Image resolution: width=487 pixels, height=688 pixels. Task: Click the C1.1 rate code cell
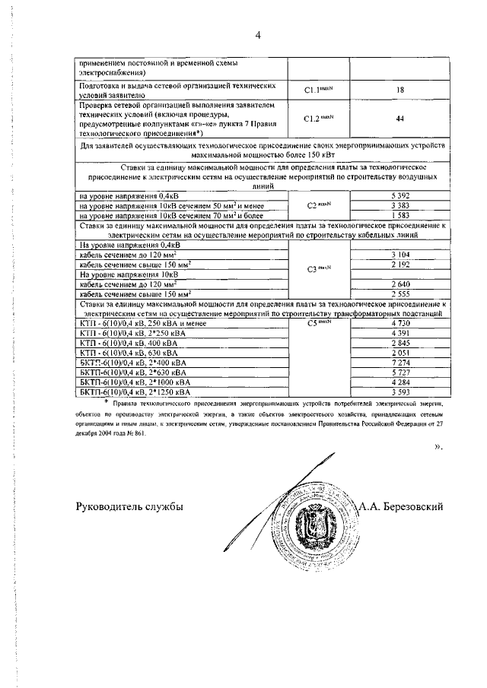tap(319, 90)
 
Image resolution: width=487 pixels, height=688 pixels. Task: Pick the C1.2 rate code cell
tap(319, 119)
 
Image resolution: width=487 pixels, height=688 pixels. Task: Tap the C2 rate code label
tap(319, 206)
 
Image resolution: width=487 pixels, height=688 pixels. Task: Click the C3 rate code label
tap(319, 268)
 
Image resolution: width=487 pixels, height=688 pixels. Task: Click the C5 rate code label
tap(319, 322)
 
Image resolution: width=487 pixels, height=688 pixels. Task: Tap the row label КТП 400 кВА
tap(121, 343)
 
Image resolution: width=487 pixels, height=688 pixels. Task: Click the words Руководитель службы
tap(130, 507)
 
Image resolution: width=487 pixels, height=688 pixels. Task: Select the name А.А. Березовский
tap(401, 507)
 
